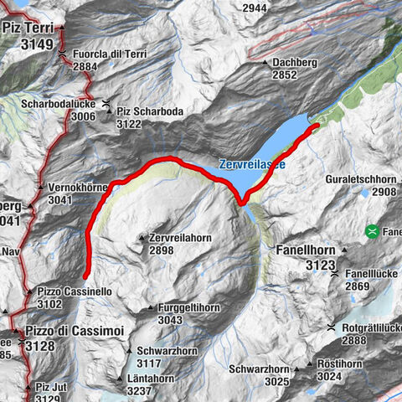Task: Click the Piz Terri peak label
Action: (28, 28)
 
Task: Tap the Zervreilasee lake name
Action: (252, 165)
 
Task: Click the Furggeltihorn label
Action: (188, 308)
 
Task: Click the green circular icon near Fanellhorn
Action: (371, 230)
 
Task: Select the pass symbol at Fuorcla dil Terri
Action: (64, 55)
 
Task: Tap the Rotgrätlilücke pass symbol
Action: (332, 327)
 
